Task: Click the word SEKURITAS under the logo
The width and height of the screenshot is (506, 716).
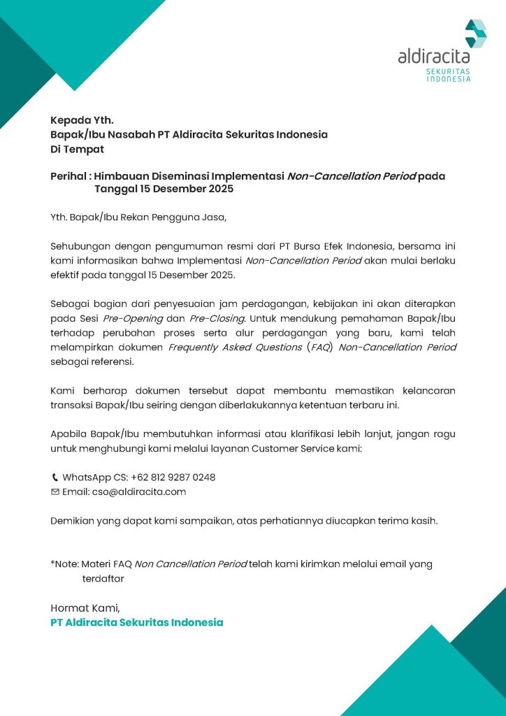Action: [448, 71]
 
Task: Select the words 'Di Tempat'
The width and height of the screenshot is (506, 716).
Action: [77, 149]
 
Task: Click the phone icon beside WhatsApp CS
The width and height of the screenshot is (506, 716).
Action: [55, 478]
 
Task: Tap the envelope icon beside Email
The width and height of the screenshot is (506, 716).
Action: [55, 492]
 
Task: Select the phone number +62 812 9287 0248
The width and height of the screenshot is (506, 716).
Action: [173, 478]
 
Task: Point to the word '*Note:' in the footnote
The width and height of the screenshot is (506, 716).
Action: [64, 564]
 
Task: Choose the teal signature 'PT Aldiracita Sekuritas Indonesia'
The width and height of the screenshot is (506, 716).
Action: [137, 622]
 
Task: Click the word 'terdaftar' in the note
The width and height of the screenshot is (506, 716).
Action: [103, 578]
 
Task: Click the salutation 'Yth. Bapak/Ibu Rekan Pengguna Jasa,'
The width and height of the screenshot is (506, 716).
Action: [138, 217]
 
